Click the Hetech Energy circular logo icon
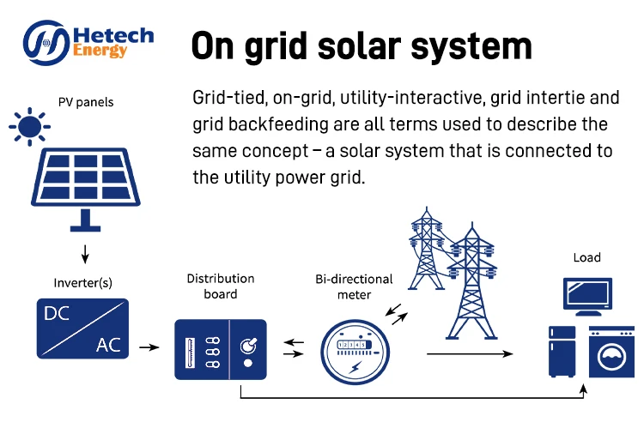(x=48, y=44)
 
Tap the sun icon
(x=29, y=129)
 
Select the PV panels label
(x=86, y=103)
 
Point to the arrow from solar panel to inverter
(x=84, y=254)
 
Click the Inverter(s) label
(x=84, y=282)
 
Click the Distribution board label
(x=221, y=285)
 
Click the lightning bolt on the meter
(x=354, y=365)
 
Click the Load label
(x=587, y=257)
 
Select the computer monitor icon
(x=587, y=296)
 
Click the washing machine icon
(x=611, y=352)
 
